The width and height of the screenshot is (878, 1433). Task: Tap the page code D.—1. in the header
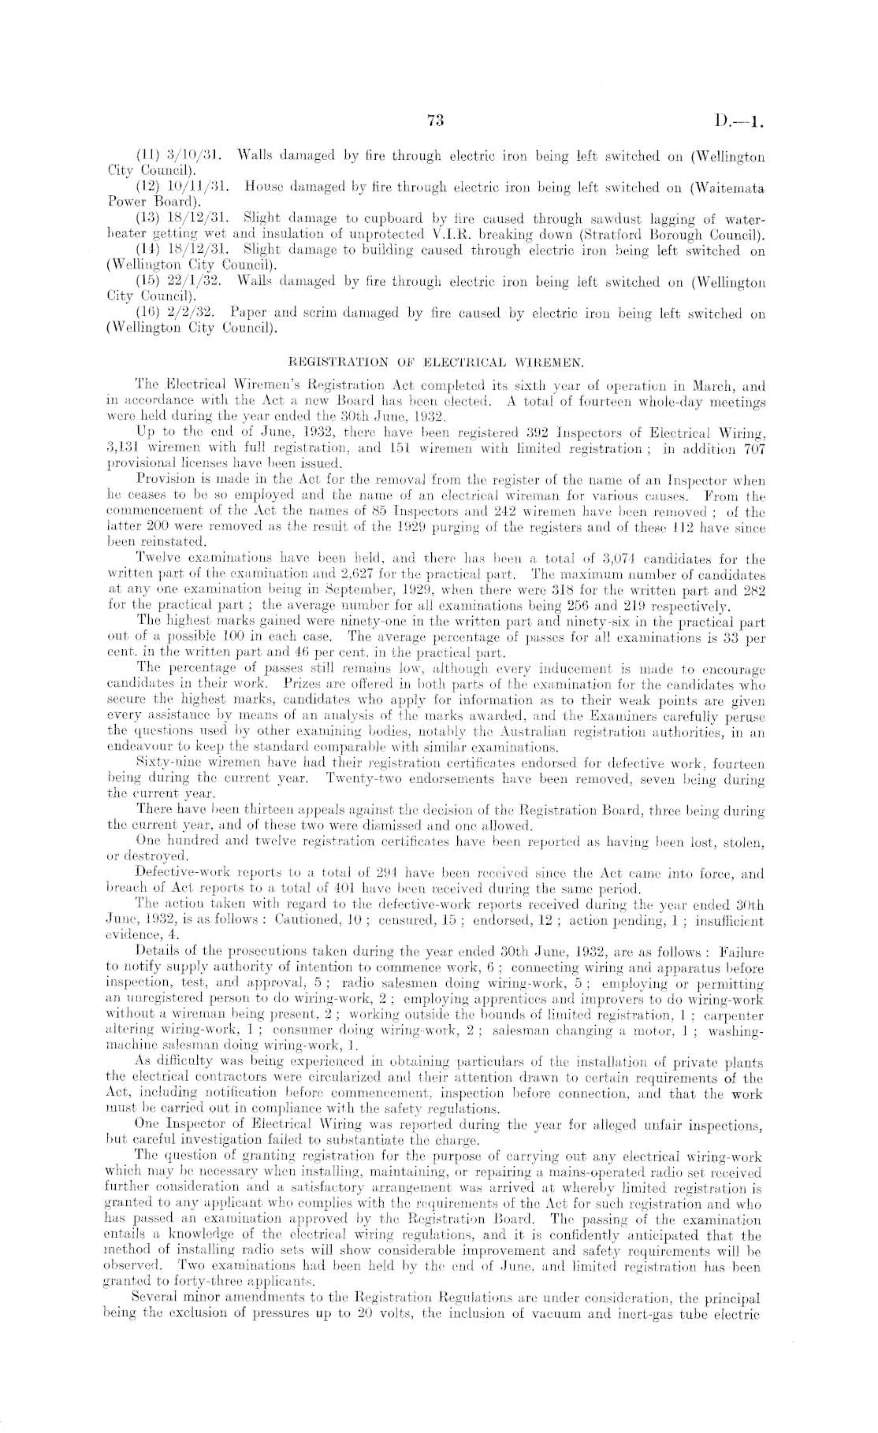(x=742, y=121)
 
